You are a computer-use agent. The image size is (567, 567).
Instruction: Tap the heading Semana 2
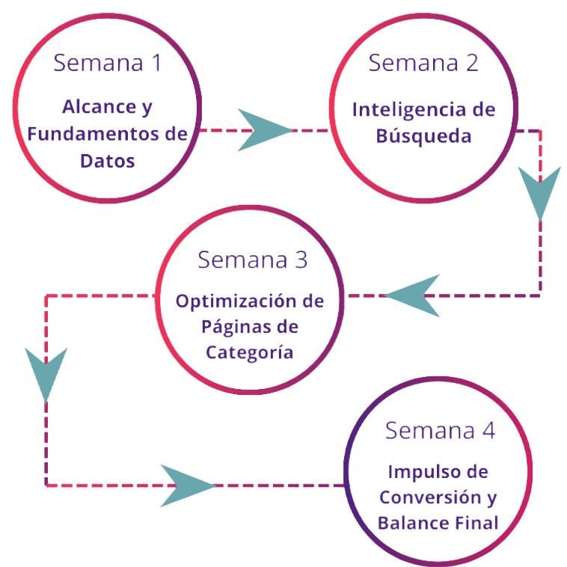click(423, 63)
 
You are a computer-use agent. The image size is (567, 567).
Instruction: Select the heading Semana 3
click(252, 260)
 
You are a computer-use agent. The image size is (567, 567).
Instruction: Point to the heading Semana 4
click(440, 432)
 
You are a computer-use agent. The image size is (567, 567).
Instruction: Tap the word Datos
click(109, 161)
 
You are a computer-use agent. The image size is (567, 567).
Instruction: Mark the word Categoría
click(250, 354)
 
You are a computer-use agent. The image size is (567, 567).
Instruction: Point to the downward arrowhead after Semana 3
click(46, 372)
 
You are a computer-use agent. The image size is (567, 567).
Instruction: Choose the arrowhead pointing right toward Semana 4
click(186, 485)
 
